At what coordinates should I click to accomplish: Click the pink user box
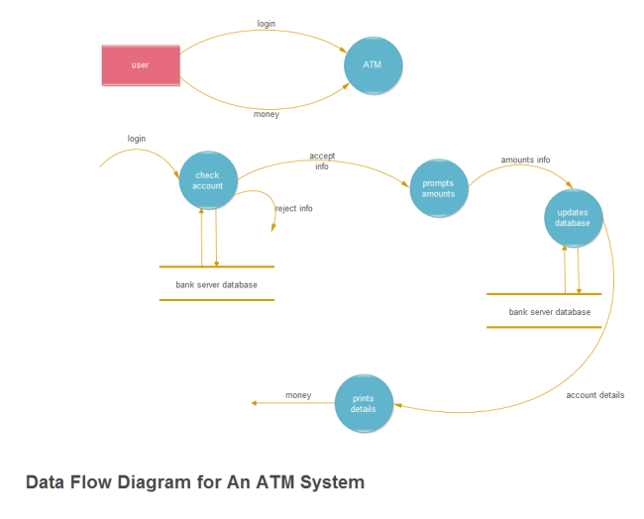click(x=140, y=65)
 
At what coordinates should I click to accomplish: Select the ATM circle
click(x=373, y=65)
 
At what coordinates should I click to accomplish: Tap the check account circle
click(x=208, y=180)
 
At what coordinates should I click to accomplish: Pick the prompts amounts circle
click(x=438, y=188)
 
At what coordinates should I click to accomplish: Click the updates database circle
click(x=573, y=218)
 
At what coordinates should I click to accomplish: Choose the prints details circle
click(x=364, y=403)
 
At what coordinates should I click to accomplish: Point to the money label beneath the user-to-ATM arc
click(x=266, y=114)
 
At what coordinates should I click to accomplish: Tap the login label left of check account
click(x=137, y=139)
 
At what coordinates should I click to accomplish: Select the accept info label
click(x=321, y=161)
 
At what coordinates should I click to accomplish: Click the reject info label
click(x=293, y=208)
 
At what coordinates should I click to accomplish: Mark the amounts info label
click(x=525, y=159)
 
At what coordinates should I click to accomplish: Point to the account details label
click(x=594, y=395)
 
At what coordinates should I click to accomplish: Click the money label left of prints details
click(x=298, y=395)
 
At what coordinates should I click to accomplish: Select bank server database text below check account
click(x=216, y=284)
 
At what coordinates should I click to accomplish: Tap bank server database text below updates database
click(x=549, y=312)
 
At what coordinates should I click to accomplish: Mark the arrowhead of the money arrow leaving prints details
click(x=256, y=403)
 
